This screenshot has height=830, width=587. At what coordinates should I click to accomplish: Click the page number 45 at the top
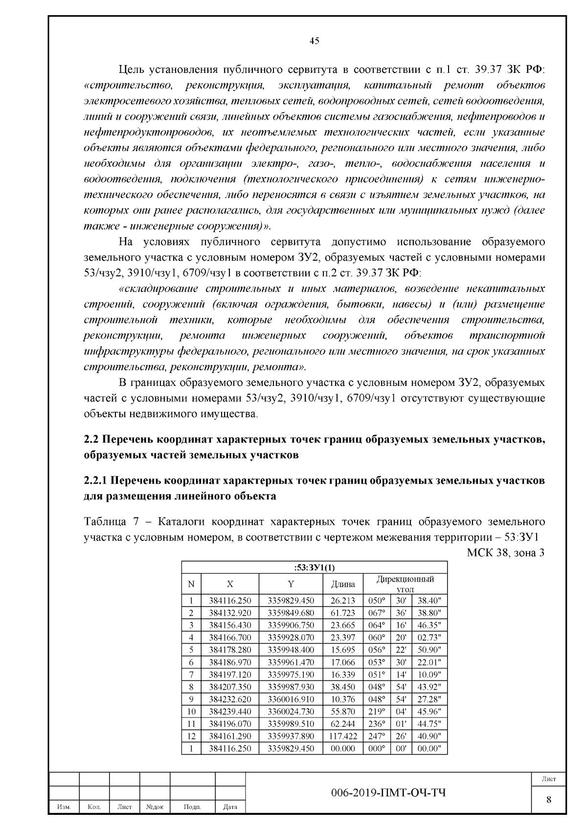(x=315, y=41)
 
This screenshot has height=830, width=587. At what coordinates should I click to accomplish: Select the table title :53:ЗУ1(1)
(x=315, y=567)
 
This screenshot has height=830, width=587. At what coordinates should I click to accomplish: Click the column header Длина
(x=343, y=584)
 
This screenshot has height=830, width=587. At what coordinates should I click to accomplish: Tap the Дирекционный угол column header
(x=405, y=584)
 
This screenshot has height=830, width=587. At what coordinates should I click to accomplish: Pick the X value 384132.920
(x=230, y=613)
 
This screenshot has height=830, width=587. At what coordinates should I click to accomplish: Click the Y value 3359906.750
(x=291, y=625)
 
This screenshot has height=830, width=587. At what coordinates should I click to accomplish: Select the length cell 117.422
(x=343, y=736)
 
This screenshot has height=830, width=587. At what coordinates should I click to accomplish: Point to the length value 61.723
(x=343, y=613)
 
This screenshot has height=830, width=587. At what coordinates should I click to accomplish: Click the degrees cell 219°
(x=377, y=711)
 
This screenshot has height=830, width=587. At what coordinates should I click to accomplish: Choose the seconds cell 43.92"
(x=429, y=687)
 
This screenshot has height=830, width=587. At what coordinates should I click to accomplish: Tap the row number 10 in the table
(x=191, y=711)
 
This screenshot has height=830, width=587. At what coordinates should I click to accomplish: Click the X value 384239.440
(x=230, y=711)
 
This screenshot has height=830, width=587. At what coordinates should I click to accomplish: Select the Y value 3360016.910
(x=291, y=699)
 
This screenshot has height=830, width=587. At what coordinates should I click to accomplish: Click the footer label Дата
(x=230, y=820)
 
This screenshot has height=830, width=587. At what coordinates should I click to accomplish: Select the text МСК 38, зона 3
(x=506, y=553)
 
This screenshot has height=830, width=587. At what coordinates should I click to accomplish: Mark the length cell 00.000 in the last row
(x=343, y=748)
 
